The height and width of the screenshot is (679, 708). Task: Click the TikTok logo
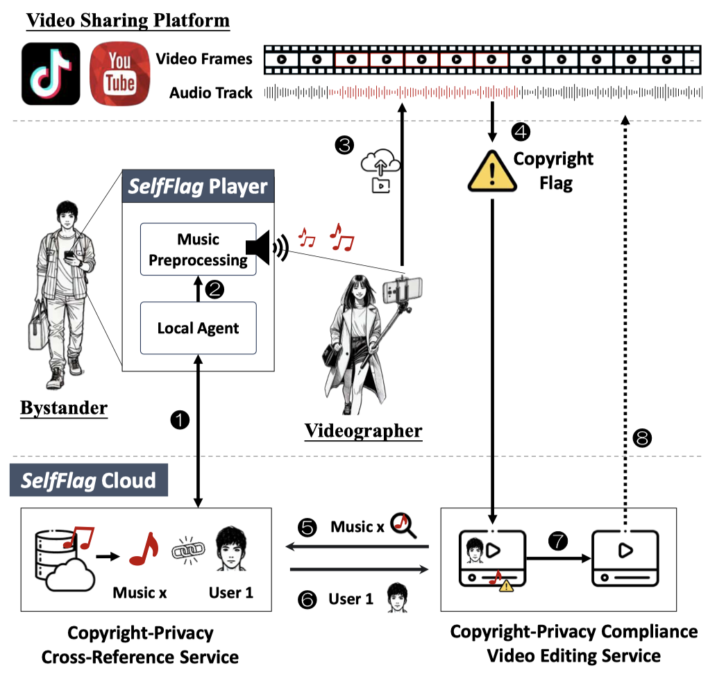pos(51,73)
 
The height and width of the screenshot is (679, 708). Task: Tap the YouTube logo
pos(119,73)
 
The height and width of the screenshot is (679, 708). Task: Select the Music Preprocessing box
pos(199,250)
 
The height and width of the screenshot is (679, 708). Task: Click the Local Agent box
pos(199,328)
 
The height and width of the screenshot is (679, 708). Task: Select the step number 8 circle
pos(643,437)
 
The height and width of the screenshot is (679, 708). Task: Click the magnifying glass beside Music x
pos(403,526)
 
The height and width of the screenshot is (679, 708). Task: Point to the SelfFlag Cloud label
pos(88,480)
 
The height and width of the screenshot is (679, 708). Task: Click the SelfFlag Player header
pos(198,186)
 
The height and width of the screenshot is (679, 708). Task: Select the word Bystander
pos(63,408)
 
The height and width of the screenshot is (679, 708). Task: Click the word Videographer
pos(363,430)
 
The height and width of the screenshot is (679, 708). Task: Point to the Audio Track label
pos(211,92)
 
